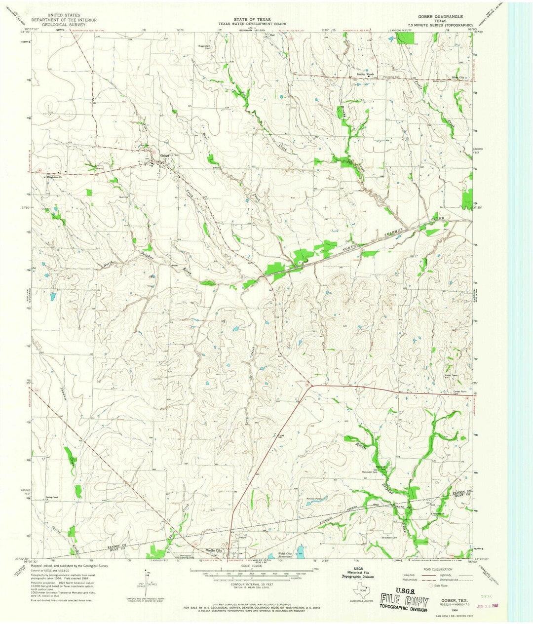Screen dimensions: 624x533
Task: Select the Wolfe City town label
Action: click(215, 550)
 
